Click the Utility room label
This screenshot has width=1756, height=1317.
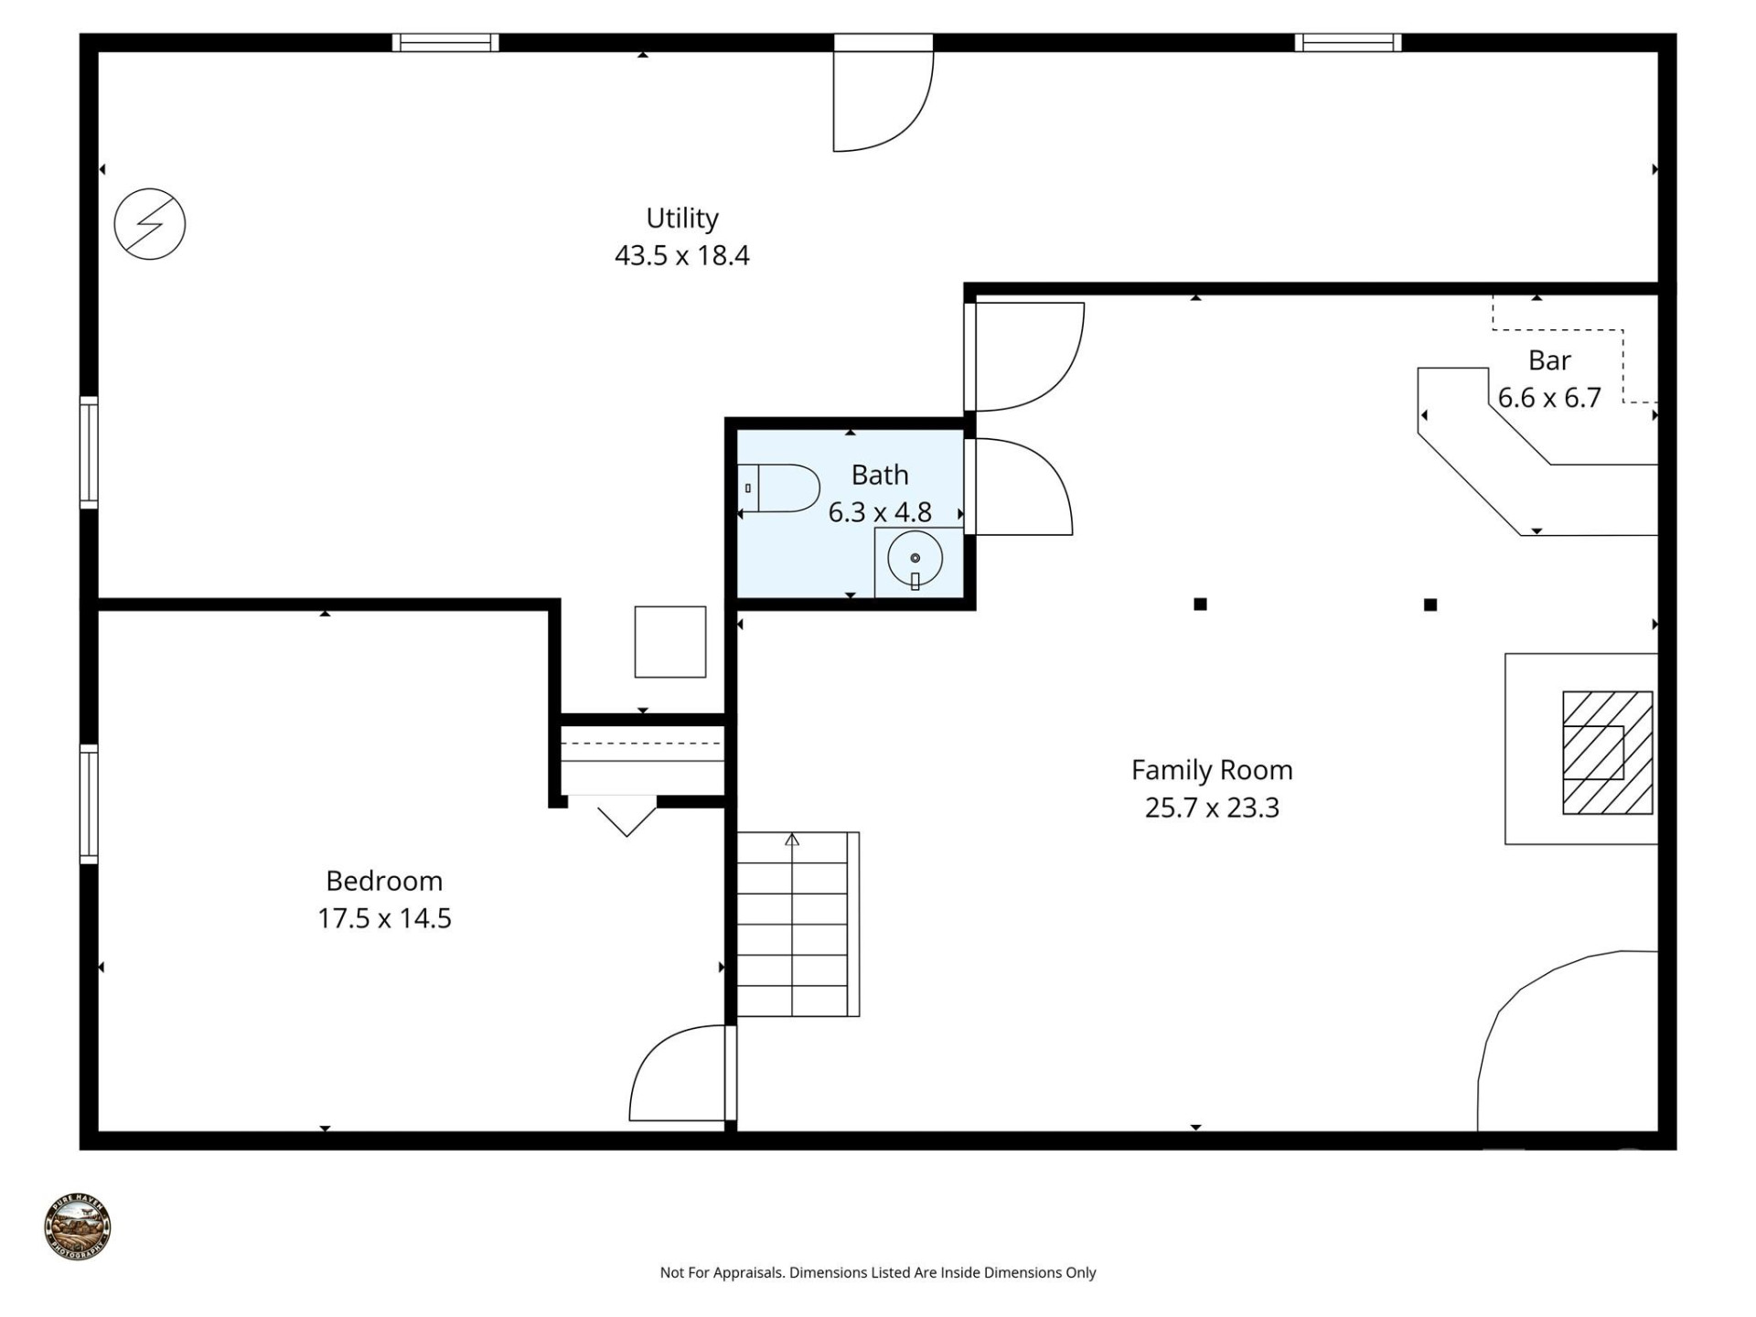[681, 218]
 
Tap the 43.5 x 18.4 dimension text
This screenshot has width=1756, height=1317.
[681, 255]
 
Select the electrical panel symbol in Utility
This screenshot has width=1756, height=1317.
[150, 224]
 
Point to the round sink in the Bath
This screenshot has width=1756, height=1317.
[915, 559]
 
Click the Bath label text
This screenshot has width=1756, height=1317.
[880, 475]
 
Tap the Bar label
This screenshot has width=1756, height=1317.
[1549, 360]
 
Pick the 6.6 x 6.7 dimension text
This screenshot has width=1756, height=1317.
[1549, 398]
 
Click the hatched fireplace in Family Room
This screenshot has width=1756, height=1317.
[1607, 753]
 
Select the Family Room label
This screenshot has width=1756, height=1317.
[1212, 770]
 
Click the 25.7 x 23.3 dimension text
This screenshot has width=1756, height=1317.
[1212, 808]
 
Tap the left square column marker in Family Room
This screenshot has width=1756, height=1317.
[1200, 604]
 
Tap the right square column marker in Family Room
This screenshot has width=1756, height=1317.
[1430, 605]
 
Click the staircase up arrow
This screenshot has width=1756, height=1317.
[792, 840]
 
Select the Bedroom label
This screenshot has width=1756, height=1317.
[384, 881]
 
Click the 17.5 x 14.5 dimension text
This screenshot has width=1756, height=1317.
[384, 918]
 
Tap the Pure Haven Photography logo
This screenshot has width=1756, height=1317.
[78, 1226]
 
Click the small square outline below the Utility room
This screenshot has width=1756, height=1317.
[670, 642]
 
